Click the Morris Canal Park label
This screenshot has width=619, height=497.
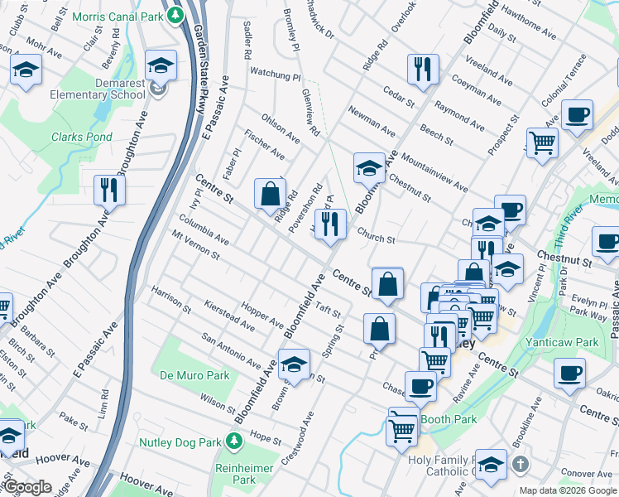(x=118, y=17)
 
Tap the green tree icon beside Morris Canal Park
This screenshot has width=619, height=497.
(x=175, y=16)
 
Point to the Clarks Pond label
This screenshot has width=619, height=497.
(x=81, y=137)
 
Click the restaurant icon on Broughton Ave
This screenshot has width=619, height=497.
(x=108, y=190)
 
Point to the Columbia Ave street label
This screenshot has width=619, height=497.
(x=204, y=231)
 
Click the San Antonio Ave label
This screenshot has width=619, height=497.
(x=232, y=350)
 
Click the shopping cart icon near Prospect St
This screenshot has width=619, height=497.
(x=542, y=142)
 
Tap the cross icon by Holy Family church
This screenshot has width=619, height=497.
(x=520, y=463)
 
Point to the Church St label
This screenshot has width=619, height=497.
(x=377, y=238)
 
